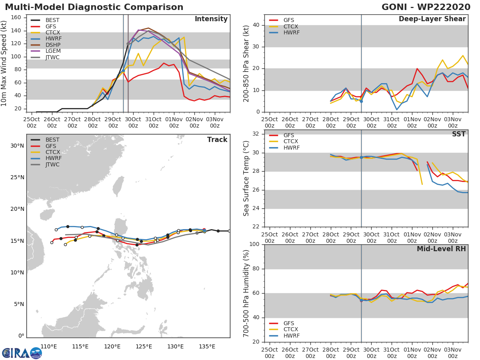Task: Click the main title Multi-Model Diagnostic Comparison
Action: [x=94, y=7]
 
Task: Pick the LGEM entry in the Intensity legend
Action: [x=52, y=51]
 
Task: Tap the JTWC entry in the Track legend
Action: [x=52, y=164]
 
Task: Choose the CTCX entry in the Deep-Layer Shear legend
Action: [x=291, y=26]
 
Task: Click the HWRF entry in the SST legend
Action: [x=291, y=148]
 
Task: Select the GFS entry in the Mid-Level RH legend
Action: [x=288, y=323]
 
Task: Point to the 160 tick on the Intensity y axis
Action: [x=21, y=18]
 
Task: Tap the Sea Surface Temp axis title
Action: [x=247, y=179]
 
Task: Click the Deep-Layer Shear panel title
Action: [x=432, y=19]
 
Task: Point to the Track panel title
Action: [x=217, y=140]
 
